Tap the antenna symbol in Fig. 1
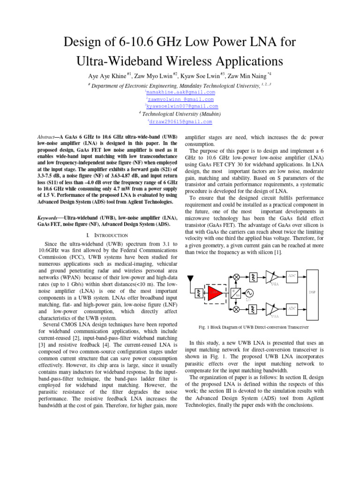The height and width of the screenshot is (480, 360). [191, 280]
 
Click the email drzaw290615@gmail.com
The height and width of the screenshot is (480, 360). [180, 121]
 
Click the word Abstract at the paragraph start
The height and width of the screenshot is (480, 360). [48, 135]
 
